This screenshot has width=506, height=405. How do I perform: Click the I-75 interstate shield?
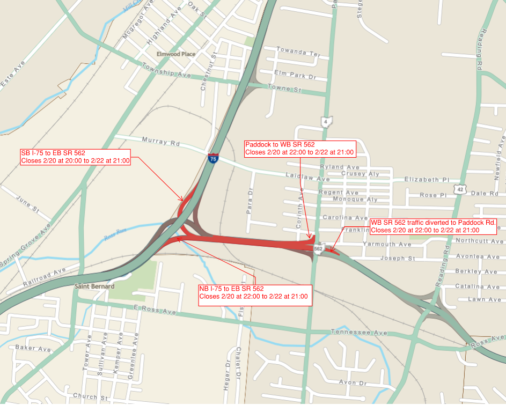pyautogui.click(x=214, y=158)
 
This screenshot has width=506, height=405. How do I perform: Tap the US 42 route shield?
pyautogui.click(x=460, y=189)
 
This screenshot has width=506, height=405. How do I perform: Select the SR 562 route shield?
pyautogui.click(x=319, y=248)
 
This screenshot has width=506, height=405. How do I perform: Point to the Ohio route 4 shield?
pyautogui.click(x=325, y=121)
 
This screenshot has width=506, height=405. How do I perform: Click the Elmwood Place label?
pyautogui.click(x=176, y=54)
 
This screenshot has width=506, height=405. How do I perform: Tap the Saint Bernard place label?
pyautogui.click(x=94, y=286)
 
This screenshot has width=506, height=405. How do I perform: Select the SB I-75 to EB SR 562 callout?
pyautogui.click(x=75, y=157)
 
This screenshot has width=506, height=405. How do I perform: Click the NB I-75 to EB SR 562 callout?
pyautogui.click(x=255, y=292)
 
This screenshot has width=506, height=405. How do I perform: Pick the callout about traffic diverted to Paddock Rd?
pyautogui.click(x=434, y=226)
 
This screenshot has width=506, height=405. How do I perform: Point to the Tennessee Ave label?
pyautogui.click(x=359, y=333)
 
